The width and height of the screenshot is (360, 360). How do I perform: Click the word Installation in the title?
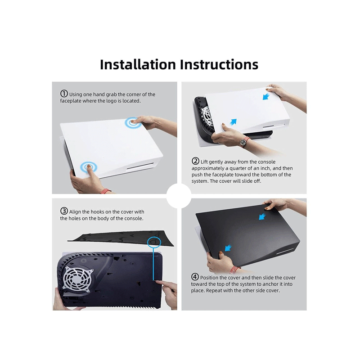click(138, 64)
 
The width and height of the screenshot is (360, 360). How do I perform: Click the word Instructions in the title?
click(219, 64)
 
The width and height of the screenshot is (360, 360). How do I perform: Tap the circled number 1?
click(64, 94)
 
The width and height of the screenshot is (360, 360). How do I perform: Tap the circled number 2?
click(195, 161)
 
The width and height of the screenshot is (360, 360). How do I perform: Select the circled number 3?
click(64, 211)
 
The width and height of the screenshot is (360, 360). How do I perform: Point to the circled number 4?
click(195, 277)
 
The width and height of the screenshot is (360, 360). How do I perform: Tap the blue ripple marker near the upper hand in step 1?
click(133, 123)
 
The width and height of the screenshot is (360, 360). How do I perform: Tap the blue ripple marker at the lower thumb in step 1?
click(89, 166)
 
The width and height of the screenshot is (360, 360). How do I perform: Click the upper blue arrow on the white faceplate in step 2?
click(266, 96)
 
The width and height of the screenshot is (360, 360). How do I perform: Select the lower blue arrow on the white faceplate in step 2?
click(233, 122)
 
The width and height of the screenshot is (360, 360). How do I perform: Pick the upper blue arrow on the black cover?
click(262, 216)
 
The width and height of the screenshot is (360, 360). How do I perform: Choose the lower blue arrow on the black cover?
click(228, 248)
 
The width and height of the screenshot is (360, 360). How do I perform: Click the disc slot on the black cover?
click(285, 252)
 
